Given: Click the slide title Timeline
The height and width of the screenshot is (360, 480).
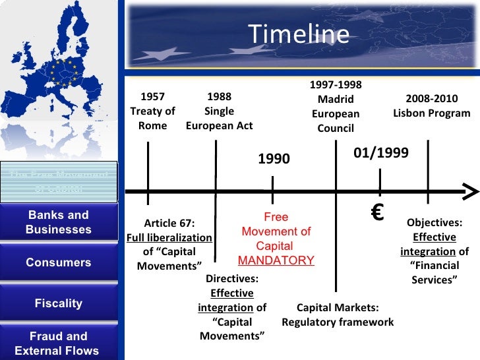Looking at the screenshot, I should [299, 34].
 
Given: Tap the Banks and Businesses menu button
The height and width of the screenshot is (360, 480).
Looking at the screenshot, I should [59, 223].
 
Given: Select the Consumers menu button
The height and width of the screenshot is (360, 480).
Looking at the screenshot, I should [59, 262].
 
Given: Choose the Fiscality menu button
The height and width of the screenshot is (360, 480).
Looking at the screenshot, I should [59, 303].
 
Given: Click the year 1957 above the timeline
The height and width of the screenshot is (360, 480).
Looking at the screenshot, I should [152, 97].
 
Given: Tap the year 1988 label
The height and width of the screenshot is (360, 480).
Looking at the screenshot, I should [219, 97].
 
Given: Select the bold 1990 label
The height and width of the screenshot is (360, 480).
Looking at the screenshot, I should [274, 159].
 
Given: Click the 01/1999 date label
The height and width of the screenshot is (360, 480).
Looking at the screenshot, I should [381, 153].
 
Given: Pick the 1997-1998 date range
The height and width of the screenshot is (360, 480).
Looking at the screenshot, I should [336, 85].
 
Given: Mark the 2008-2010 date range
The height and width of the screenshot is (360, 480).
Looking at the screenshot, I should [431, 99].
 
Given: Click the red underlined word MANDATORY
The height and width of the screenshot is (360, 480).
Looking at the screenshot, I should [276, 260].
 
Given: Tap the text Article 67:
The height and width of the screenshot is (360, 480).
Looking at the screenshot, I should [169, 223].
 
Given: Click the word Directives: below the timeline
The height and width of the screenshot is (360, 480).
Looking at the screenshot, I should [232, 279].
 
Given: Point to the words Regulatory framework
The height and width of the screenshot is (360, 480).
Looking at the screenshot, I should [338, 322].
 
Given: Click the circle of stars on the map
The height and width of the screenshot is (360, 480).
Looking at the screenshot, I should [65, 71].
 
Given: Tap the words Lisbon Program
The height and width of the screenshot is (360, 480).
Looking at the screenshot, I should [432, 113].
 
